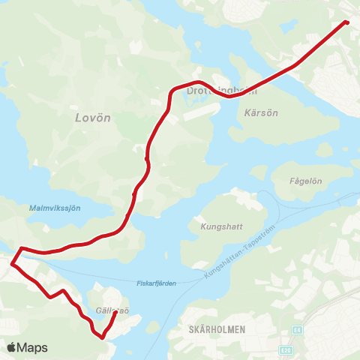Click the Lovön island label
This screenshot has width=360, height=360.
[93, 118]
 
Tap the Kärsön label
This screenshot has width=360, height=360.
[262, 114]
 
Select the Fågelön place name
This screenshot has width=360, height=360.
[304, 181]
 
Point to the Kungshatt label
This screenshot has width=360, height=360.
[217, 225]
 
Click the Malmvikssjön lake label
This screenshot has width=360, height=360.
[54, 208]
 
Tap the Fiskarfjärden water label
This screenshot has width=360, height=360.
[156, 283]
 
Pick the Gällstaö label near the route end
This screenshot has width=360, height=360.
[113, 310]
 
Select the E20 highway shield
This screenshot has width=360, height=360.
[286, 349]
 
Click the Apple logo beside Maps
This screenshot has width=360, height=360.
[12, 347]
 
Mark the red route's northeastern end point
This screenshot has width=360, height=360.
[346, 22]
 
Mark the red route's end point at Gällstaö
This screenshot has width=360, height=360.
[115, 313]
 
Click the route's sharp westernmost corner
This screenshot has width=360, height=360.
[11, 263]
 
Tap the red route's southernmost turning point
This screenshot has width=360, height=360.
[101, 337]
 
